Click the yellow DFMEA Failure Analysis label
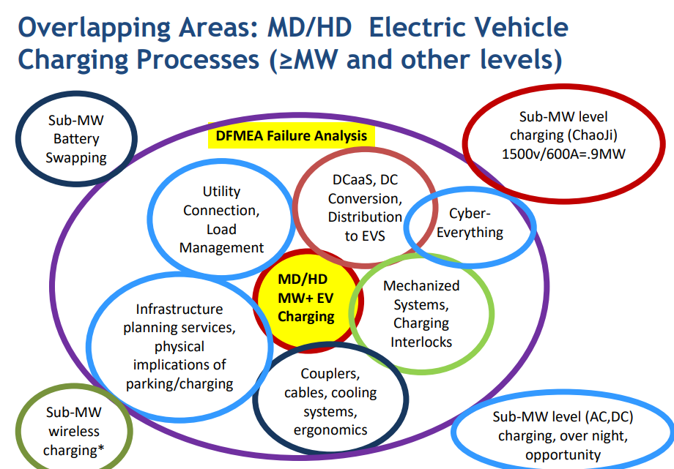coord(291,135)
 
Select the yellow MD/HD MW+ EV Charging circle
coord(308,301)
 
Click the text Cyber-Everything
coord(470,223)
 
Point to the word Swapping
coord(76,157)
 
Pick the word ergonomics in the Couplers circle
coord(330,430)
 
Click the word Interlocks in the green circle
coord(421,342)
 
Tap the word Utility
coord(221,192)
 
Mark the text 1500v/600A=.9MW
coord(563,154)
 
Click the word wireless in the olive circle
coord(74,431)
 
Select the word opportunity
coord(563,455)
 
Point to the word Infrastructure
coord(179,309)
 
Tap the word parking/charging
coord(179,383)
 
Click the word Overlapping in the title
coord(95,29)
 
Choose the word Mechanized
coord(421,285)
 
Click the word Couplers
coord(330,374)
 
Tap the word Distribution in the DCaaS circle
coord(365,217)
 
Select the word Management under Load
coord(221,248)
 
